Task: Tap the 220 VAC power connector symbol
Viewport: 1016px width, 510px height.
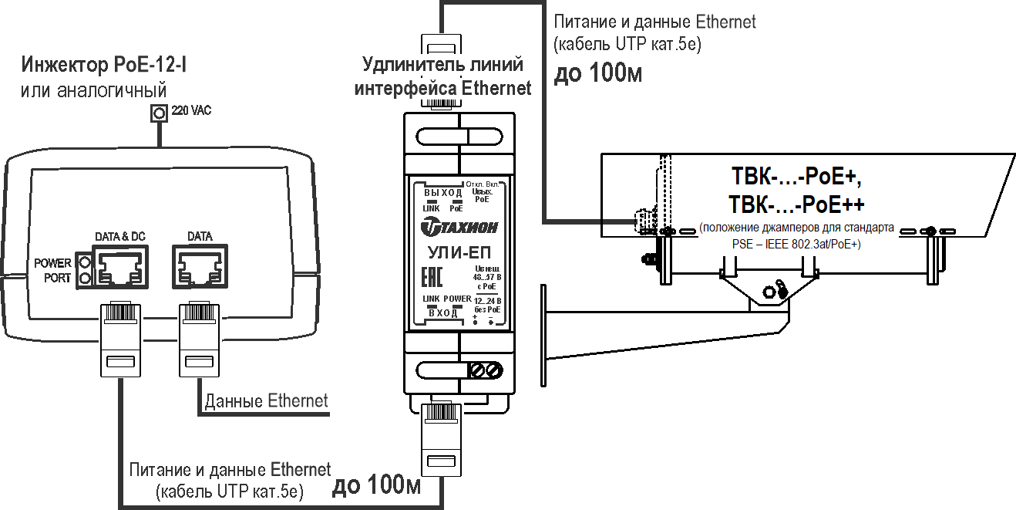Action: pos(159,113)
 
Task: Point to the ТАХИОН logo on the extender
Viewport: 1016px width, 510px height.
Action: pos(459,226)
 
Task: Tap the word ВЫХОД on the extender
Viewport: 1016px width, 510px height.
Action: pos(442,192)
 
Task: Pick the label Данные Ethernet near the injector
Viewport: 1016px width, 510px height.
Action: pos(266,401)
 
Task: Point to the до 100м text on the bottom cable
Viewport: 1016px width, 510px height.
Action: pos(376,485)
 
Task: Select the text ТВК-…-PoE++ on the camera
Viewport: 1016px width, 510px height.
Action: pos(796,205)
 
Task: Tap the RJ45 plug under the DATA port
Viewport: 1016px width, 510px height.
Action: pos(200,339)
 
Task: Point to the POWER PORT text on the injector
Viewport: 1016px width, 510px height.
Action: pos(53,270)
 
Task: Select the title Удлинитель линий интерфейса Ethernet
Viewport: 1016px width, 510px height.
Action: pos(442,76)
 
